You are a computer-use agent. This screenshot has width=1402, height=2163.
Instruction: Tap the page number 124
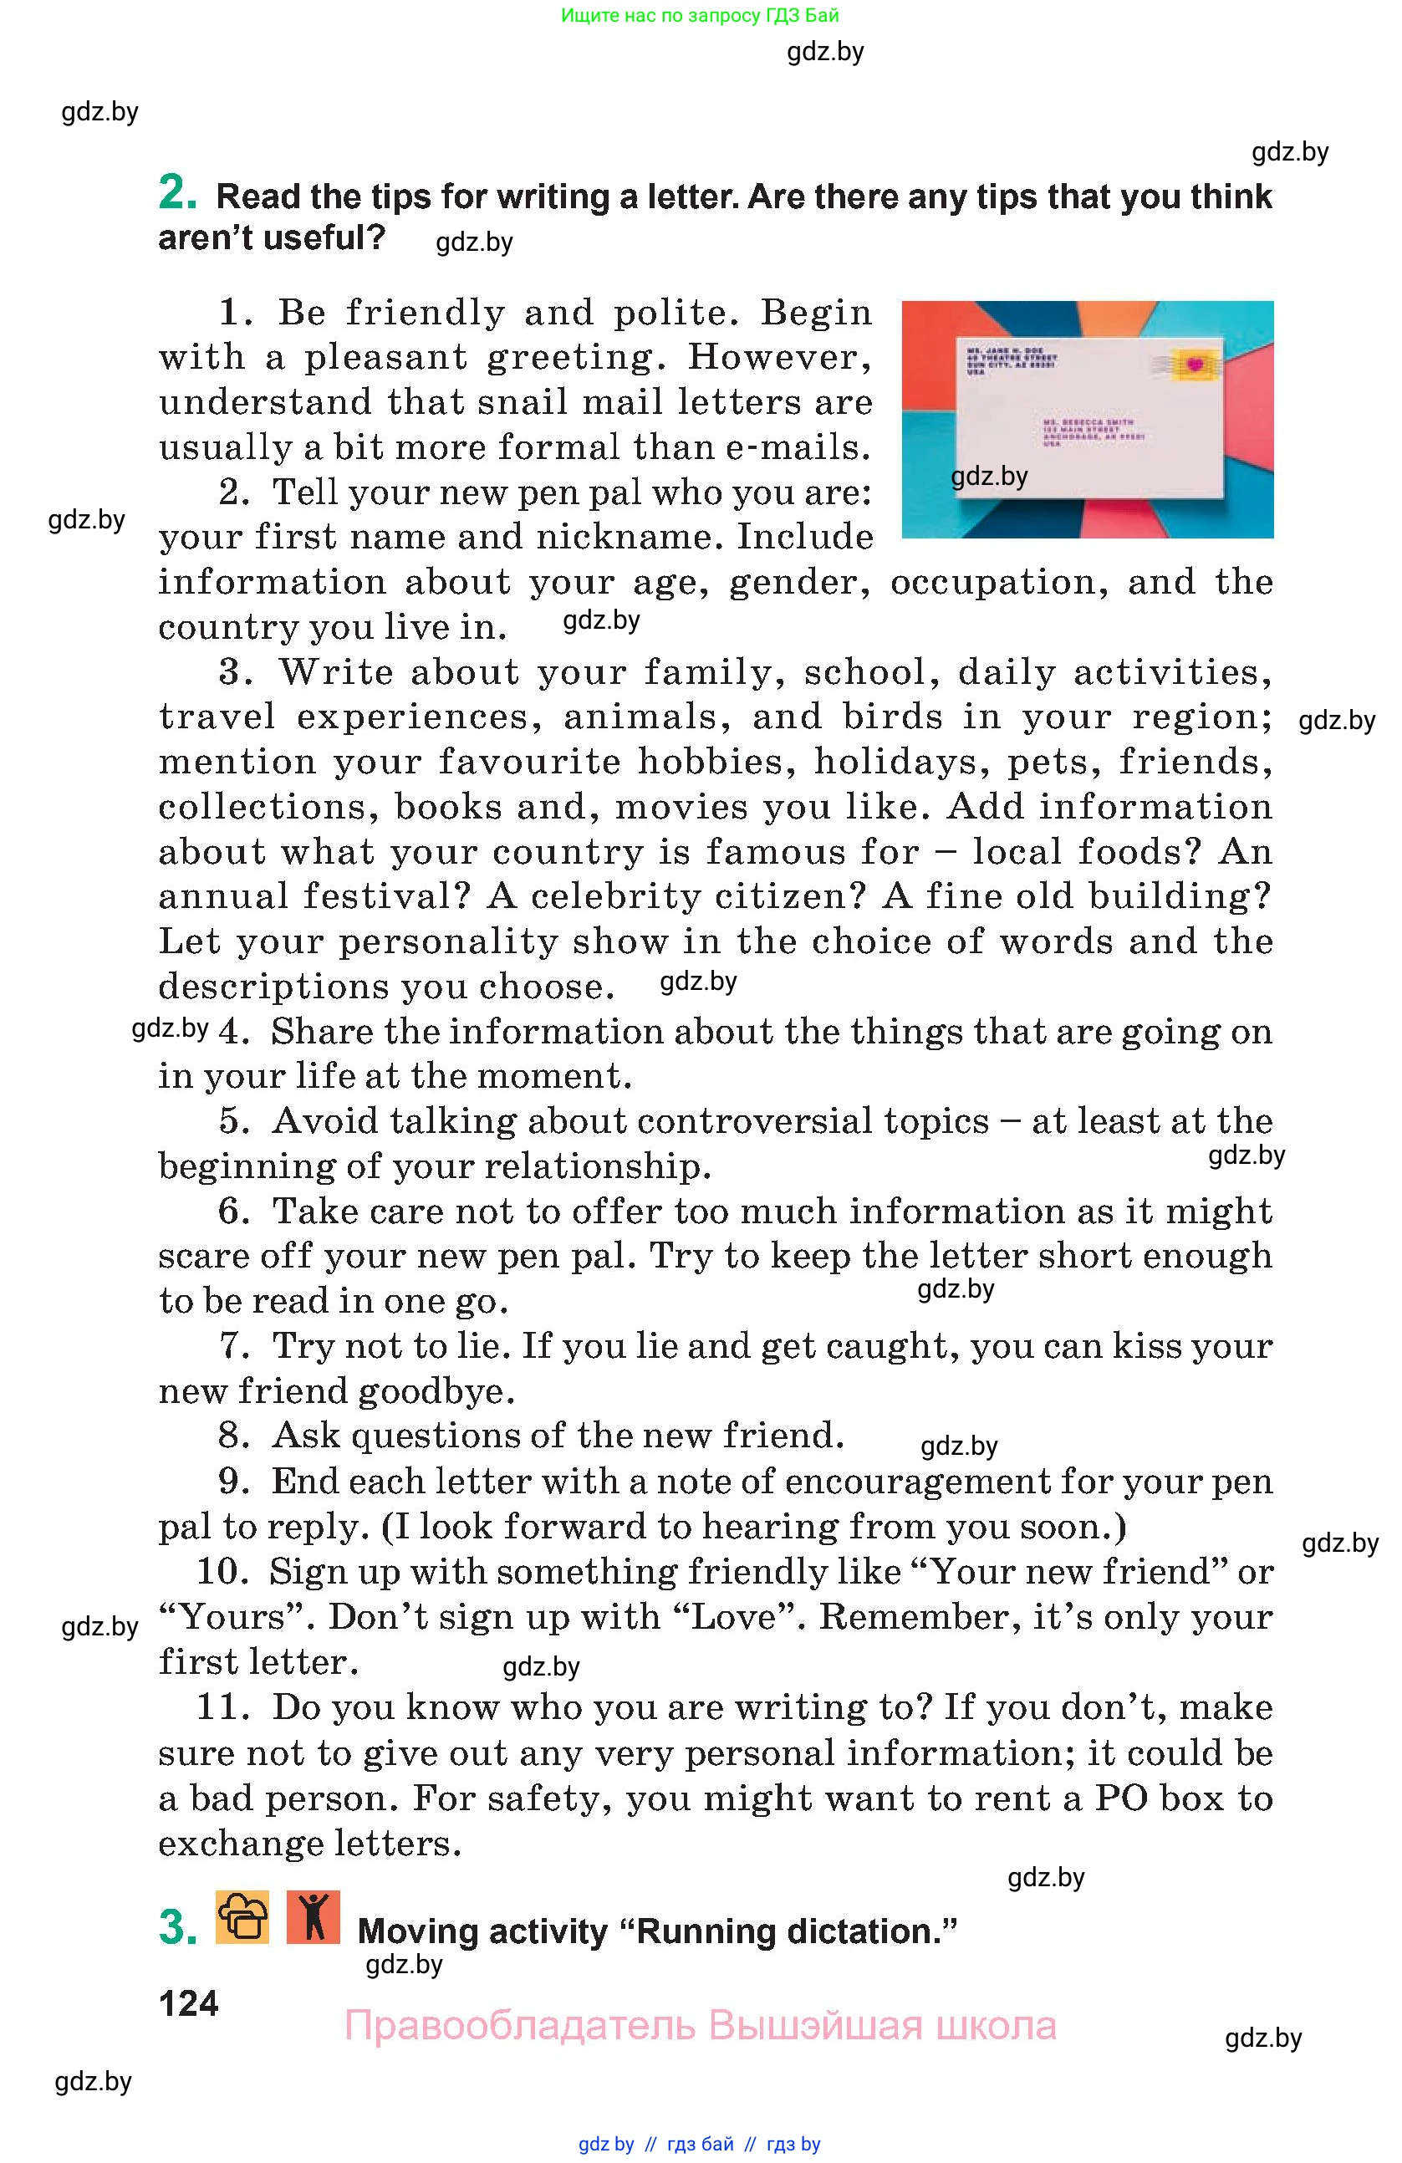pos(188,2003)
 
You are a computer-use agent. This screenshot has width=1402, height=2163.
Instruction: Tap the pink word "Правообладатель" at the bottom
pos(520,2026)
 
